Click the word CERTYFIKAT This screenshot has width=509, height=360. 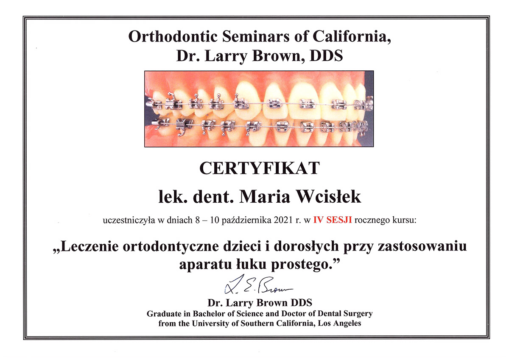click(260, 168)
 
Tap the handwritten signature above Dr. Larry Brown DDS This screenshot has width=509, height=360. click(258, 285)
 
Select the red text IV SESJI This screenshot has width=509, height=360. click(333, 220)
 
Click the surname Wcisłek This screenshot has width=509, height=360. click(329, 196)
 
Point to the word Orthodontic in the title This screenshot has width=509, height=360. click(173, 36)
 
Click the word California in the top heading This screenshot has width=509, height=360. click(352, 36)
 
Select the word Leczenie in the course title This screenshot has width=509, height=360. click(89, 246)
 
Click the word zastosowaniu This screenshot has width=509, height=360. click(422, 246)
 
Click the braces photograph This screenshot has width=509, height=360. click(259, 109)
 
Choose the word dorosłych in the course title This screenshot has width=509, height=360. click(306, 246)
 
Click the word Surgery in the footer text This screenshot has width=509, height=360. click(358, 314)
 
